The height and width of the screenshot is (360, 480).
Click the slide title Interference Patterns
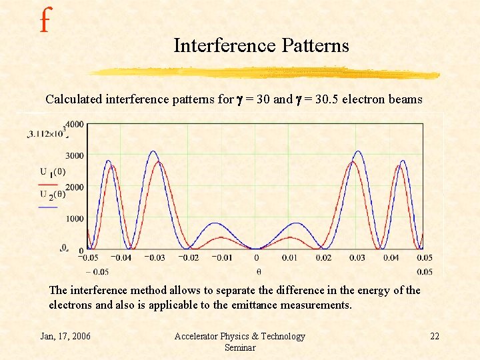[261, 45]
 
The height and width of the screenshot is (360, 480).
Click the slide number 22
[434, 336]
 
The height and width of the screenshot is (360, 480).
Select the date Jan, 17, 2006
[66, 336]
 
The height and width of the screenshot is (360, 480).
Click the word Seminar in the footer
[239, 347]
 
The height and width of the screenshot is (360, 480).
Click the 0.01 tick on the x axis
[290, 257]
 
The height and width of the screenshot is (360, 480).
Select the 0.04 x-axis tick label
[391, 257]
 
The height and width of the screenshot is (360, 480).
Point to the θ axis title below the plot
[257, 271]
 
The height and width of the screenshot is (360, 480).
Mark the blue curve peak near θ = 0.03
[358, 152]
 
